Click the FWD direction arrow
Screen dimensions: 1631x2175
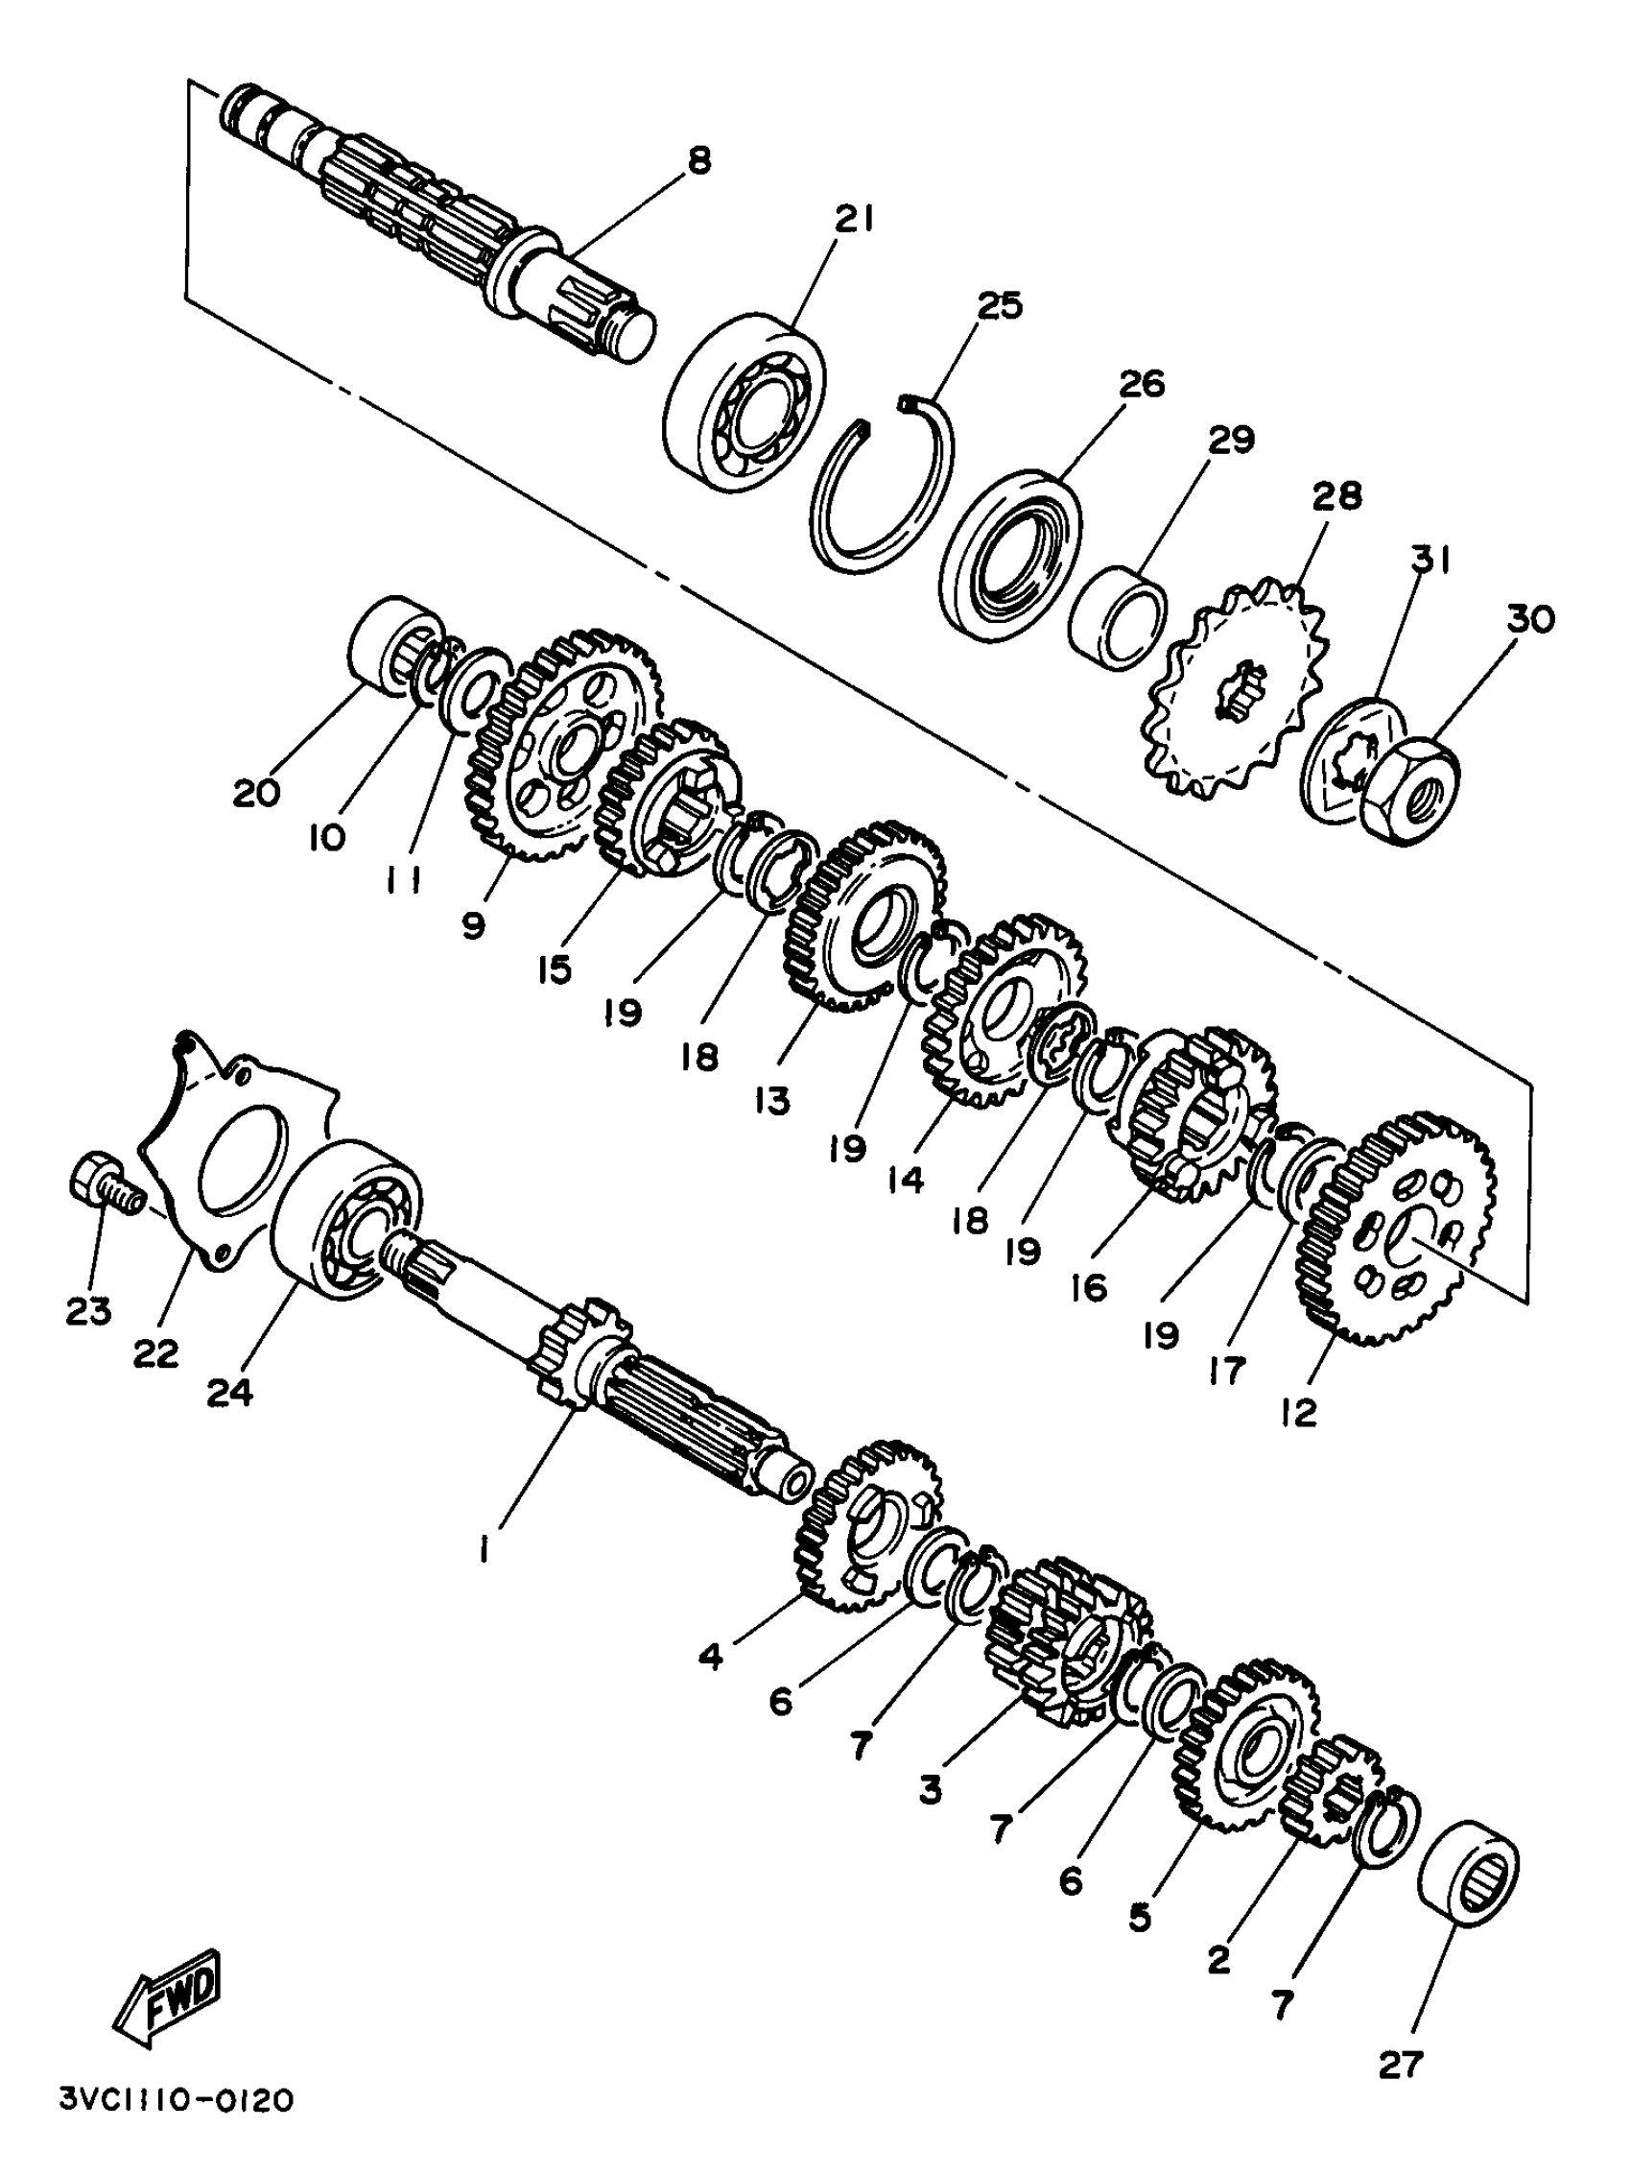coord(168,1998)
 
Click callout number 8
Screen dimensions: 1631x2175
coord(698,160)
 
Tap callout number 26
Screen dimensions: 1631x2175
coord(1143,384)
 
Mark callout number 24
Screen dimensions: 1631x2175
coord(230,1392)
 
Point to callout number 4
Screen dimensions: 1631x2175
coord(711,1657)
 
